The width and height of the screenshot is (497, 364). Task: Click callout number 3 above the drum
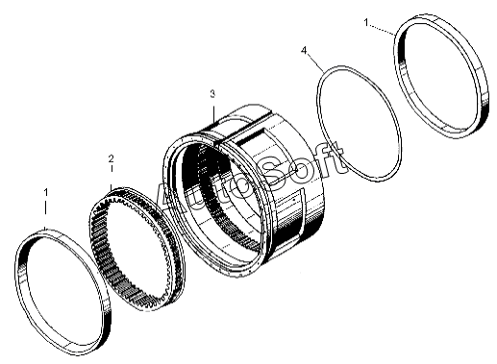click(x=212, y=94)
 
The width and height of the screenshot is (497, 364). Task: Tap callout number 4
click(x=304, y=50)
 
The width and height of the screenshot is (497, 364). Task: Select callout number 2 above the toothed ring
click(x=111, y=158)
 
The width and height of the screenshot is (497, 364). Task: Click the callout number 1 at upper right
click(x=366, y=22)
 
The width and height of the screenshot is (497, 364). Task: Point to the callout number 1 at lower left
click(x=46, y=192)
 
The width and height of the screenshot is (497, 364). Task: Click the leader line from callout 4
click(x=314, y=62)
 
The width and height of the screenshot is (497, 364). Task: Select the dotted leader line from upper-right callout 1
click(x=382, y=29)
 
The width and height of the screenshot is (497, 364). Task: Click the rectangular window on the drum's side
click(x=257, y=136)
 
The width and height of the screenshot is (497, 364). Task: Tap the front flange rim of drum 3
click(x=167, y=166)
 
